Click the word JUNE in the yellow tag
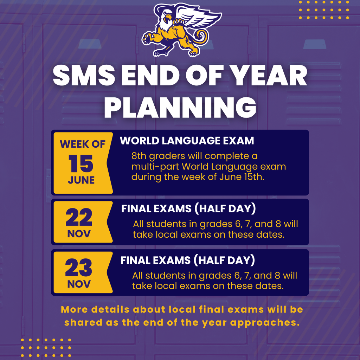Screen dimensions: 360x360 [x=81, y=180]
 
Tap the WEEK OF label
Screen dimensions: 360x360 [x=82, y=144]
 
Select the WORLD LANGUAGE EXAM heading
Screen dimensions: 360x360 [x=187, y=141]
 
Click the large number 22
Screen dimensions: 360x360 [x=79, y=218]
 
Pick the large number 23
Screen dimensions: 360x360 [x=79, y=268]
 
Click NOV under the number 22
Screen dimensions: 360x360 [x=79, y=233]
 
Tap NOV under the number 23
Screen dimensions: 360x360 [x=79, y=284]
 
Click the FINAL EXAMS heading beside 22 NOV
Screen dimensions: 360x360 [x=188, y=209]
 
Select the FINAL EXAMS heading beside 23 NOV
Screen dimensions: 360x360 [x=187, y=260]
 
